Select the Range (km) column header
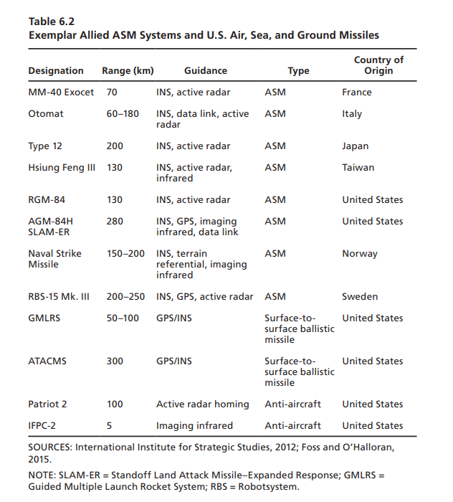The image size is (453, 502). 128,71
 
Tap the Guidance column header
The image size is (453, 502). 205,71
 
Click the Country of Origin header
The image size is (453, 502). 378,65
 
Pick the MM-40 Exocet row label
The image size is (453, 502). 61,93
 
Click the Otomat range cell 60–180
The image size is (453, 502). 123,114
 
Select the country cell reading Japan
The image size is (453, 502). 355,146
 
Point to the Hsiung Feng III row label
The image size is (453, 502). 61,168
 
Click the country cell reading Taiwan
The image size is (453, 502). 358,168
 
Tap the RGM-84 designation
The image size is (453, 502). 47,200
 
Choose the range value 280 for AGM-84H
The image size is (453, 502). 115,222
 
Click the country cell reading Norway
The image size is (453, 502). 360,254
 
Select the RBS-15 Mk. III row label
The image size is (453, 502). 59,297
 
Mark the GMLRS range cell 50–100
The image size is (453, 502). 123,318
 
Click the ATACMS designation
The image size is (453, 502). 47,361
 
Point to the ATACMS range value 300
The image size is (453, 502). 115,361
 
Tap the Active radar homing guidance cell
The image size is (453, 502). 202,404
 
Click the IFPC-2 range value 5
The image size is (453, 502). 109,426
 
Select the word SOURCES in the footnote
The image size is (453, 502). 49,447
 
